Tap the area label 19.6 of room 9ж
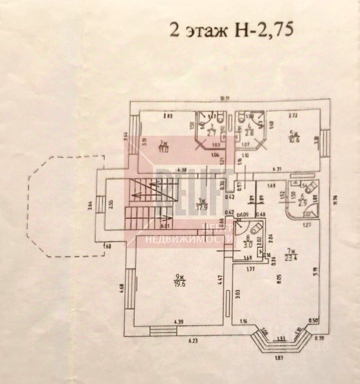(178, 284)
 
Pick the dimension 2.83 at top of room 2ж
(167, 116)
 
